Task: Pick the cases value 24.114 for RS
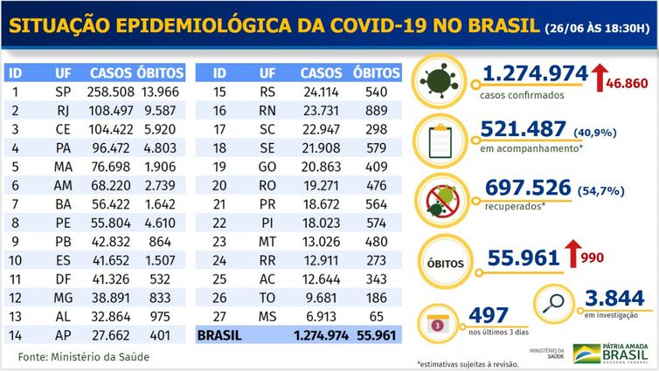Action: coord(320,92)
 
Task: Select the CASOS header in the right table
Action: coord(321,72)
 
